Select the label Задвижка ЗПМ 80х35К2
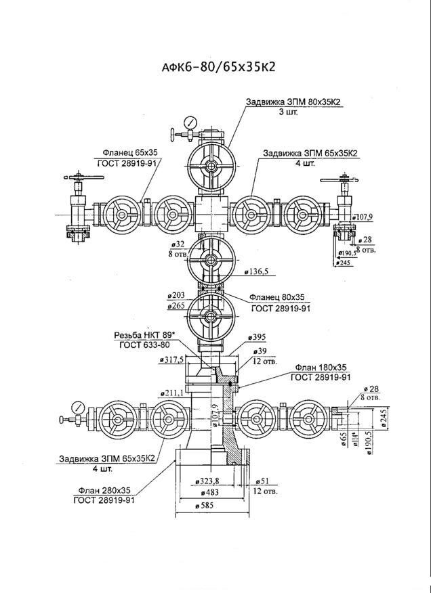[x=293, y=102]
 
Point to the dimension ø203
[x=177, y=296]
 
